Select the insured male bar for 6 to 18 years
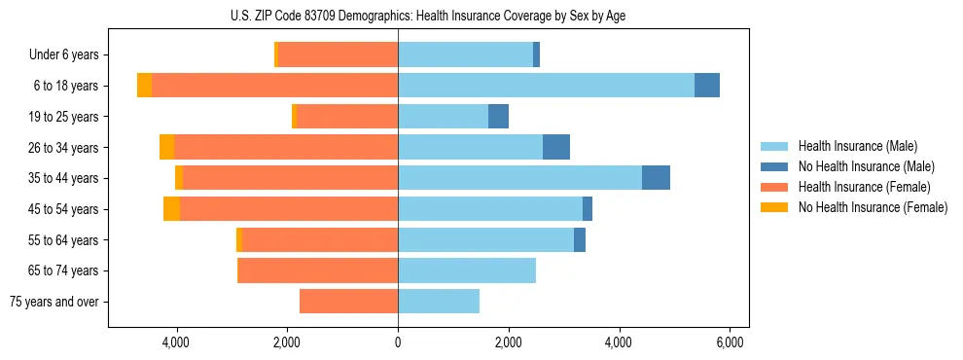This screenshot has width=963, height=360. [x=546, y=86]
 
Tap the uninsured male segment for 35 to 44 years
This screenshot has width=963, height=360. [x=656, y=178]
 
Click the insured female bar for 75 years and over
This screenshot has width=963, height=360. [x=348, y=302]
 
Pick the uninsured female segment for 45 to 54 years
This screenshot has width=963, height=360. [x=171, y=209]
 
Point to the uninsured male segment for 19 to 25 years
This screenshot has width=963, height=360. [x=498, y=117]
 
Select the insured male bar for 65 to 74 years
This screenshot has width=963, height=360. [x=467, y=270]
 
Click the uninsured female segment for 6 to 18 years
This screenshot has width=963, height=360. [x=144, y=86]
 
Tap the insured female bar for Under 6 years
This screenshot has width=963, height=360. [x=338, y=55]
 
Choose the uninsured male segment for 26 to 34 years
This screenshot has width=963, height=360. [x=556, y=147]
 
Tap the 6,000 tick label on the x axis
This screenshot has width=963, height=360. [x=730, y=342]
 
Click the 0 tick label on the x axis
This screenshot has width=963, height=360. [x=398, y=342]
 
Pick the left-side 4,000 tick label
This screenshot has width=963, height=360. [x=176, y=342]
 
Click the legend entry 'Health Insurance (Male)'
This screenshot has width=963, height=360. [x=857, y=146]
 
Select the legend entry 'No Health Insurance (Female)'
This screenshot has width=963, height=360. [x=873, y=207]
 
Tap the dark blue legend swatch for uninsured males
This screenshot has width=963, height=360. [x=774, y=166]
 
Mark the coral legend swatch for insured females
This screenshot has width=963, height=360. [x=774, y=187]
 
